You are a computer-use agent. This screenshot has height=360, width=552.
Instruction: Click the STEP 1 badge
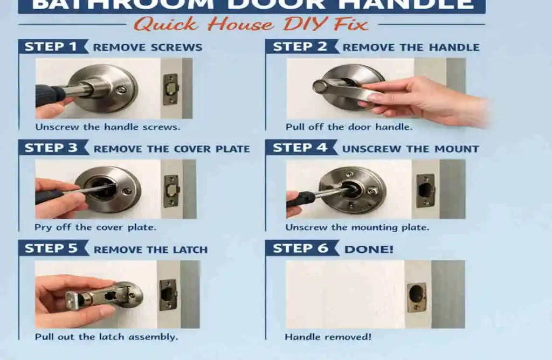(52, 47)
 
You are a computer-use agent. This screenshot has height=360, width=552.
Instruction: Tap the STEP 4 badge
(300, 148)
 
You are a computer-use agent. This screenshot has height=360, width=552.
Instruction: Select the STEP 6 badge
(300, 248)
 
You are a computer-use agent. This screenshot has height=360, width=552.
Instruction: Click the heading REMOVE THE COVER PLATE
(171, 149)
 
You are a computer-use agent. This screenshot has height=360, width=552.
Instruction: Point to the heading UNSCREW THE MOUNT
(410, 149)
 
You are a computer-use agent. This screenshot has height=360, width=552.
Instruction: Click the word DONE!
(369, 249)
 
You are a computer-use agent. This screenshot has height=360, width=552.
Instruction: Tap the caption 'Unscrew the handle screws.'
(108, 127)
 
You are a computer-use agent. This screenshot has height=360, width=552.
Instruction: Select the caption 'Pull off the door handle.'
(348, 127)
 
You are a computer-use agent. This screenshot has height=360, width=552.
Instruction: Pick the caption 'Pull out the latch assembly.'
(106, 337)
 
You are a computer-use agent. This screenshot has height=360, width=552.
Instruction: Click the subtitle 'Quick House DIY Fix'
(251, 24)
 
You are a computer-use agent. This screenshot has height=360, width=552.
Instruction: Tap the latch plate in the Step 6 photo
(416, 297)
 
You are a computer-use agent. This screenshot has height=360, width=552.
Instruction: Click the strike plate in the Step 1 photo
(171, 89)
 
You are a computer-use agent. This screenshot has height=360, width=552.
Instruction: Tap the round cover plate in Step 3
(108, 189)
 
